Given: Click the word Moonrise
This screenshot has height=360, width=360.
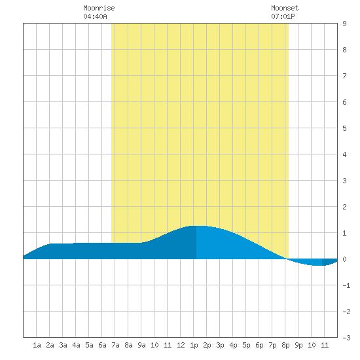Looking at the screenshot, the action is coord(99,8).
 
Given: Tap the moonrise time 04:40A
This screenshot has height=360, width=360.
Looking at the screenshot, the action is coord(95,16).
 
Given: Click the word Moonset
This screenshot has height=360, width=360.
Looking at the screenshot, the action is coord(285,8).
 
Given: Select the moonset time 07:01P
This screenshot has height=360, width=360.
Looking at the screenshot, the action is coord(283,16).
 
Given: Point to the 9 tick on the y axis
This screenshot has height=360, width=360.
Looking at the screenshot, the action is coord(344,24).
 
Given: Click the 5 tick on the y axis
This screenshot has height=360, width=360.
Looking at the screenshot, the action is coord(344,128).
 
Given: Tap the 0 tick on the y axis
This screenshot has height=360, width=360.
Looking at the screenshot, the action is coord(344,259).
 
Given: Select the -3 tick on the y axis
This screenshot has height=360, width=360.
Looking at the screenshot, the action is coord(346,338).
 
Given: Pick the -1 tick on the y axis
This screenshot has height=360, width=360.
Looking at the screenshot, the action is coord(346,285).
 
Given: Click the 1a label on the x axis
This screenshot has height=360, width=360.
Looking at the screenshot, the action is coord(37,345).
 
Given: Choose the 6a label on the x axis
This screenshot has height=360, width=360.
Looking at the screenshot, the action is coord(102,345).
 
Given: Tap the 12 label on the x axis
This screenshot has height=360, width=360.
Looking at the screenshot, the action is coord(181,345).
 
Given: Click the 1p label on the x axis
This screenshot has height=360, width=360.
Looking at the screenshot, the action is coord(194,345).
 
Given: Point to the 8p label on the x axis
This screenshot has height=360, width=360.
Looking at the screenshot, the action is coord(285,345).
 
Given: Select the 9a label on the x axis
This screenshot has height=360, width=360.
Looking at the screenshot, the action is coord(141,345).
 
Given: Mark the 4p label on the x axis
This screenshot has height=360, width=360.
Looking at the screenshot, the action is coord(233,345).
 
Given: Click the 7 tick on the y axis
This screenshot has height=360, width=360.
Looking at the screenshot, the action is coord(344,76).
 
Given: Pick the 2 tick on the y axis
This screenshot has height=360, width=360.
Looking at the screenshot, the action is coord(344,207).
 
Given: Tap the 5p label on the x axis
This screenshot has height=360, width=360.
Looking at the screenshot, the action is coord(246,345).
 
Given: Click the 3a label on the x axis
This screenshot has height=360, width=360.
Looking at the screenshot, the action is coord(63,345).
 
